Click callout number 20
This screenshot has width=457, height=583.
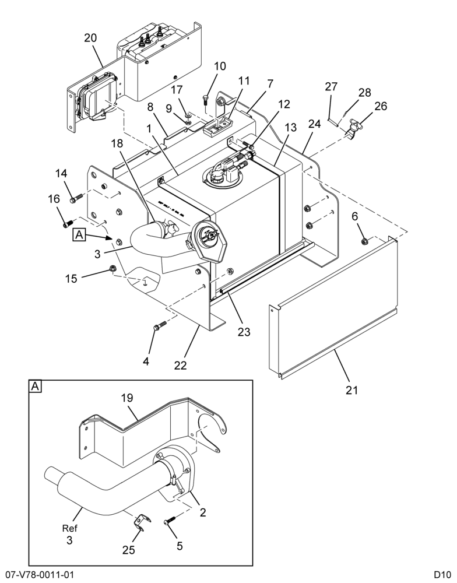(x=90, y=38)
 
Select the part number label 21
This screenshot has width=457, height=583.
(x=351, y=390)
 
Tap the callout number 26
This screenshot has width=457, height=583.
(x=381, y=106)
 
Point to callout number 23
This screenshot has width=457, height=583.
(x=244, y=331)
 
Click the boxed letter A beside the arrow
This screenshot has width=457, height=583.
(x=79, y=235)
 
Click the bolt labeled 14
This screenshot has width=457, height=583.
(x=75, y=199)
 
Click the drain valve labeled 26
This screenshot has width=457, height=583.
(x=353, y=129)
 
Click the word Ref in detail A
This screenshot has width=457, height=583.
(x=69, y=528)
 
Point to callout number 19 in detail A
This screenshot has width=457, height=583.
(x=127, y=398)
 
